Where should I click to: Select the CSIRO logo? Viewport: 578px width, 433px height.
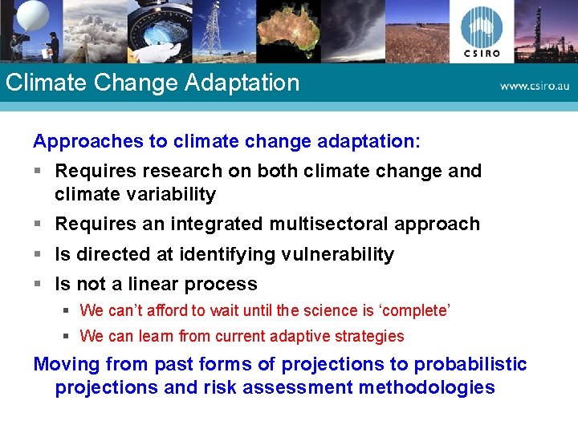coord(482,32)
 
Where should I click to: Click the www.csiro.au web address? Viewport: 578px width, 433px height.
coord(534,86)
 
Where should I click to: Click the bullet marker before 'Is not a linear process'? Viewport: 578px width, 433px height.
coord(38,284)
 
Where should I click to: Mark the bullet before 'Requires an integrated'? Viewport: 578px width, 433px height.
coord(38,224)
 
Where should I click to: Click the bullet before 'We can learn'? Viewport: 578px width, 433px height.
coord(67,336)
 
